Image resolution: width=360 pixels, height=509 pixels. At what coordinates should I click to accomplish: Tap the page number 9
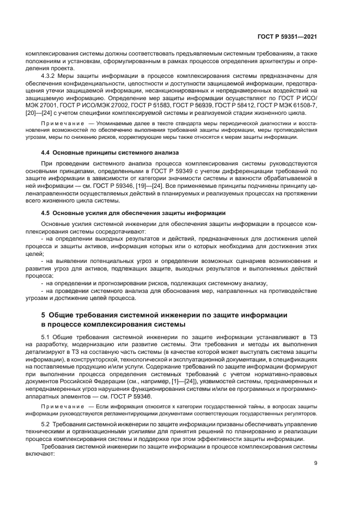(x=316, y=464)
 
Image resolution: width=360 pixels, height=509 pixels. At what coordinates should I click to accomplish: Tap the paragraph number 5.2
(x=46, y=423)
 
